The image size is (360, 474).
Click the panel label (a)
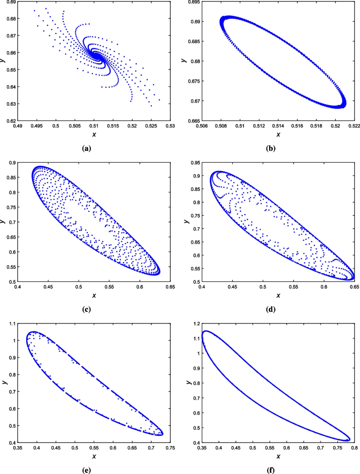point(87,149)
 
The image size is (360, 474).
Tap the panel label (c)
point(87,308)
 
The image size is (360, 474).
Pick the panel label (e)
point(87,467)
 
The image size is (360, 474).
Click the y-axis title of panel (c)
point(4,222)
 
